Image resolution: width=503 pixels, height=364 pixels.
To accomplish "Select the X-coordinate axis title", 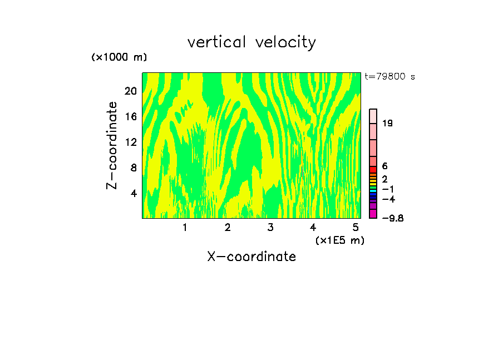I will [251, 257].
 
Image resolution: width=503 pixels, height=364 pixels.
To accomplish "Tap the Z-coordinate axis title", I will [112, 145].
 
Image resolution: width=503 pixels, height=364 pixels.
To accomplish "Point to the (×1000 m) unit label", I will [119, 57].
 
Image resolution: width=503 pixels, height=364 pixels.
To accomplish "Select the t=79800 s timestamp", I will [390, 77].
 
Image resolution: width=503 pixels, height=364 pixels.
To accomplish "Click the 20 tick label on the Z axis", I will [130, 91].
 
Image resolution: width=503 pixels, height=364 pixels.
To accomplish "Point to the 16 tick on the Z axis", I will [130, 116].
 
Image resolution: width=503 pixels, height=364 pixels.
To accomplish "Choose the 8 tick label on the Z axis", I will [134, 168].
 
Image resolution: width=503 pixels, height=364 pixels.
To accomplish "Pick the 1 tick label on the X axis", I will [185, 227].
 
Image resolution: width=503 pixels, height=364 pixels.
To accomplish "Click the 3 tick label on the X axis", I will [270, 227].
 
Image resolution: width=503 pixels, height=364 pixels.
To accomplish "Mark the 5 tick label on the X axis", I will [356, 227].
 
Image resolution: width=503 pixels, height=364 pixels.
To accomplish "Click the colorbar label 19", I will [388, 123].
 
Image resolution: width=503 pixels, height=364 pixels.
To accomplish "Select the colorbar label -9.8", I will [392, 218].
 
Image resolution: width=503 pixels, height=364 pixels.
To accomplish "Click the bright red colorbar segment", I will [373, 169].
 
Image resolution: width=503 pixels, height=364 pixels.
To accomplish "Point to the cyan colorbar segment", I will [373, 190].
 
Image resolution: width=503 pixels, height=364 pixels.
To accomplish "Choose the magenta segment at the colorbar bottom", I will [373, 214].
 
